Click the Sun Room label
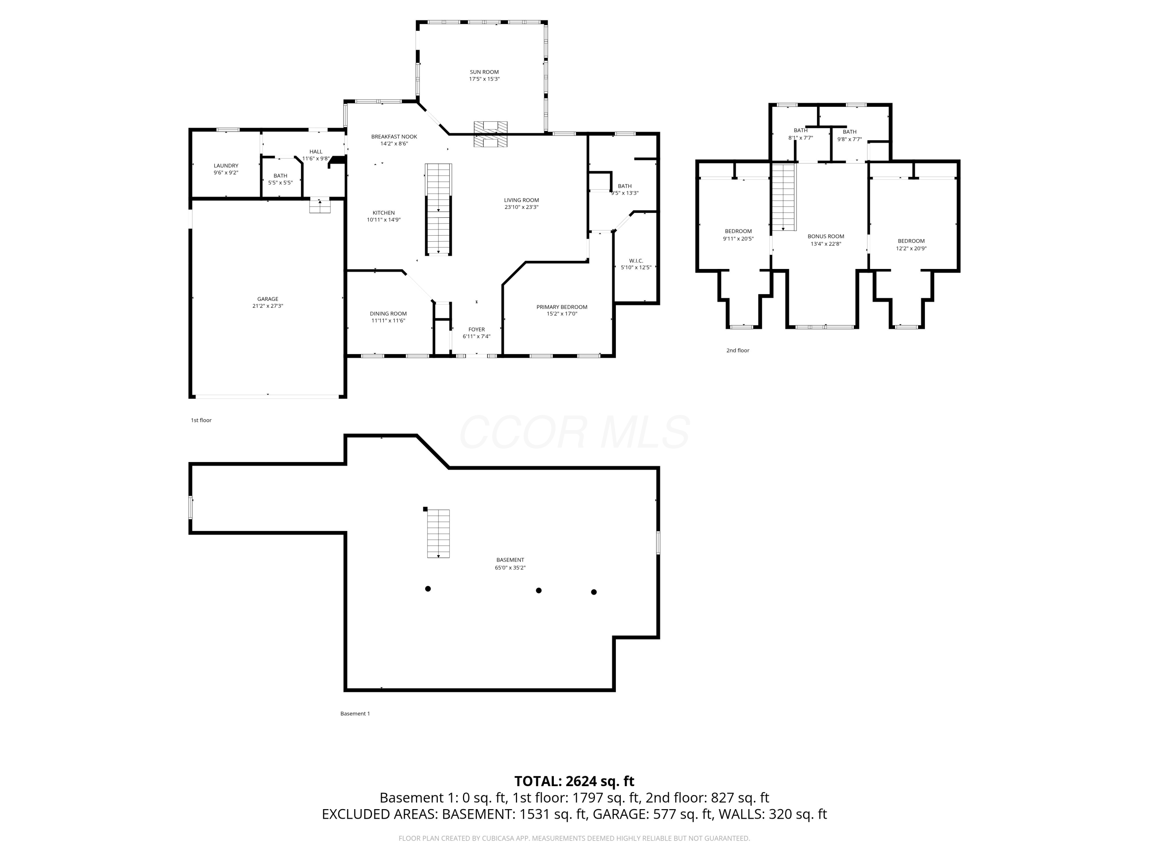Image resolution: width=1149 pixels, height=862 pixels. click(484, 72)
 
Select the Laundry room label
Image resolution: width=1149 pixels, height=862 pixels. click(226, 166)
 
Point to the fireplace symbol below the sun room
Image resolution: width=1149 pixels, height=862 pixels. click(490, 134)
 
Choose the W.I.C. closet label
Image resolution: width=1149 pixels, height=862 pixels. click(636, 261)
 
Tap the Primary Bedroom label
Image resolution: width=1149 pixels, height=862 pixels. click(561, 307)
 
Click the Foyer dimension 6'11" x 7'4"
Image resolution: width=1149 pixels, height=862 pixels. click(476, 336)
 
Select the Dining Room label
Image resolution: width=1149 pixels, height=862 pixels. click(388, 313)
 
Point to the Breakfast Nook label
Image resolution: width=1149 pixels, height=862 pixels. click(394, 137)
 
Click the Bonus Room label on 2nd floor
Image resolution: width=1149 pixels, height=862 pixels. click(825, 236)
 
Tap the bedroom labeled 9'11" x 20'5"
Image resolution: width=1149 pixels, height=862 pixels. click(738, 235)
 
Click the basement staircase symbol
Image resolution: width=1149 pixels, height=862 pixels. click(439, 533)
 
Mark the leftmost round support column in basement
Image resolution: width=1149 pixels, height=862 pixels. click(428, 589)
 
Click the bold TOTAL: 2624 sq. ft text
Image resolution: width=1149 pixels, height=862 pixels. click(574, 782)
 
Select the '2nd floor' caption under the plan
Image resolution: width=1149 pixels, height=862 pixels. click(738, 350)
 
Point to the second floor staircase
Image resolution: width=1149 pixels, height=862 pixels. click(783, 197)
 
